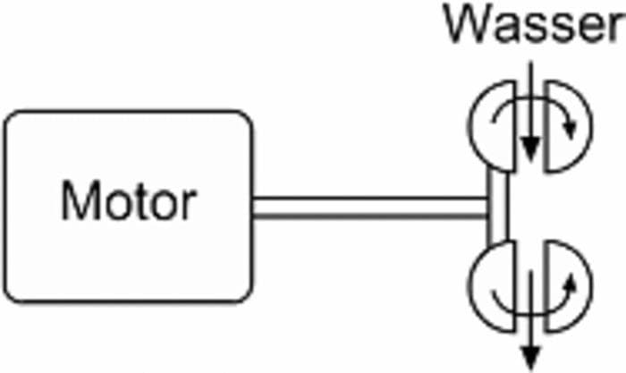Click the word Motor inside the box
128,202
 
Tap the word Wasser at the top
535,27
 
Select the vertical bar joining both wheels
499,208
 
